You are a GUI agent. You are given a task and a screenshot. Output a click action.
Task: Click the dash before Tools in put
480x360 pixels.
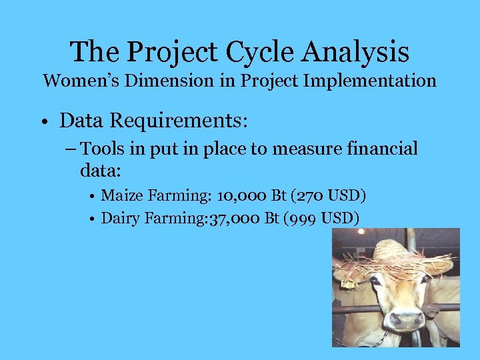pos(70,149)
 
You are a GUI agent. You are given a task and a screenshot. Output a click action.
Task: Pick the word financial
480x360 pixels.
pos(375,149)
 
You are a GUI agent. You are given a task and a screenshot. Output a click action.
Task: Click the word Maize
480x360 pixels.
pos(121,196)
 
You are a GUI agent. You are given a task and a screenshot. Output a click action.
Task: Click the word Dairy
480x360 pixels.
pos(121,218)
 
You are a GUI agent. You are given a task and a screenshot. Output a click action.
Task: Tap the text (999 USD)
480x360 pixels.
pos(321,218)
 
